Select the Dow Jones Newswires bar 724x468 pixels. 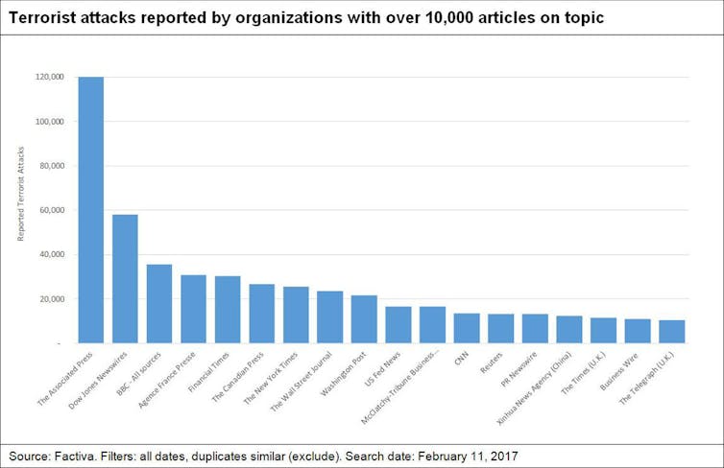[x=125, y=278]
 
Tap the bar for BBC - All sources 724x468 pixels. [x=159, y=303]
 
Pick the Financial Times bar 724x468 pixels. [x=228, y=309]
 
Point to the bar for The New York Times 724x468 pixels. [x=296, y=315]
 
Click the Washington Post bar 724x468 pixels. [x=364, y=318]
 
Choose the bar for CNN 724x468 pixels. [x=467, y=328]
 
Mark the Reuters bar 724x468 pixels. [x=500, y=328]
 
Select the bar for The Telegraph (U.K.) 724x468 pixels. [x=671, y=331]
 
